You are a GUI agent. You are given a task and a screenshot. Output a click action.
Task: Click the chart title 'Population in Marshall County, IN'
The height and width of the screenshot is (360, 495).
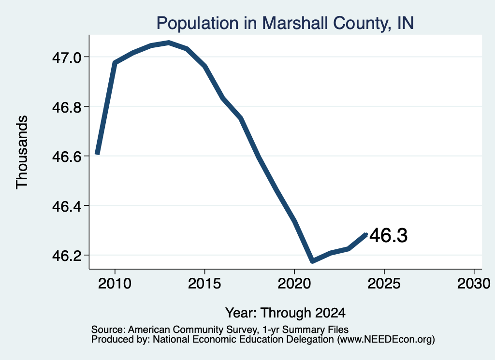(x=285, y=23)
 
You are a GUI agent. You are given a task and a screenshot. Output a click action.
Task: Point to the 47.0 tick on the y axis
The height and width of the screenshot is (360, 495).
(x=67, y=58)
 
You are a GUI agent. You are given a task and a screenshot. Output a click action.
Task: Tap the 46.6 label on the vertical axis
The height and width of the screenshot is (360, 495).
(x=67, y=157)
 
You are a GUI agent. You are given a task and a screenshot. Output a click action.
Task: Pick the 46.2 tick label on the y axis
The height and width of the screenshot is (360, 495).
(x=67, y=256)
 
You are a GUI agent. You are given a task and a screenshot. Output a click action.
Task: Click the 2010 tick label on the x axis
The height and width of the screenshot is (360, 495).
(x=115, y=284)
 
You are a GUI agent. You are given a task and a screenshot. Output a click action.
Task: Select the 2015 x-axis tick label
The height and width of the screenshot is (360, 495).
(x=204, y=284)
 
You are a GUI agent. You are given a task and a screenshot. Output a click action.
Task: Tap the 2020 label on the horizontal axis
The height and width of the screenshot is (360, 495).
(x=294, y=284)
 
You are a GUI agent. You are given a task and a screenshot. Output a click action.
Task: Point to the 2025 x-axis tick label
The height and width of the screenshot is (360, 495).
(x=384, y=284)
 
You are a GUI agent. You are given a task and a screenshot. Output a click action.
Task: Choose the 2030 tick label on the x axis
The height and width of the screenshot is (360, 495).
(x=474, y=284)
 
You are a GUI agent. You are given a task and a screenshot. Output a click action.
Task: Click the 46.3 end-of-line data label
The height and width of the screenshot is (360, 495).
(x=389, y=236)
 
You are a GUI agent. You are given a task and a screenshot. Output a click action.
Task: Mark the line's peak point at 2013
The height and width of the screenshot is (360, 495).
(x=169, y=43)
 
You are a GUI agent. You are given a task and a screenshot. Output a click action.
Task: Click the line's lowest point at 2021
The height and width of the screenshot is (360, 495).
(x=313, y=261)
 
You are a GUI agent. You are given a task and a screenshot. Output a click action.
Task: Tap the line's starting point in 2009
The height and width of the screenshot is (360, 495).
(x=97, y=154)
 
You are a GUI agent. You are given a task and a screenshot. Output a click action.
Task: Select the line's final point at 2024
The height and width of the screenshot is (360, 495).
(x=366, y=234)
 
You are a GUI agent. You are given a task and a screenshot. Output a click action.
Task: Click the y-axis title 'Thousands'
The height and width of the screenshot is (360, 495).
(x=22, y=152)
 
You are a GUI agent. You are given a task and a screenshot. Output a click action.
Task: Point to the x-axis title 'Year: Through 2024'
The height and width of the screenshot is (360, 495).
(x=285, y=313)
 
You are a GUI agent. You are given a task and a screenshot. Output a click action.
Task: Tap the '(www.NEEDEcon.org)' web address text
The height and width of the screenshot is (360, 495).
(x=386, y=340)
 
